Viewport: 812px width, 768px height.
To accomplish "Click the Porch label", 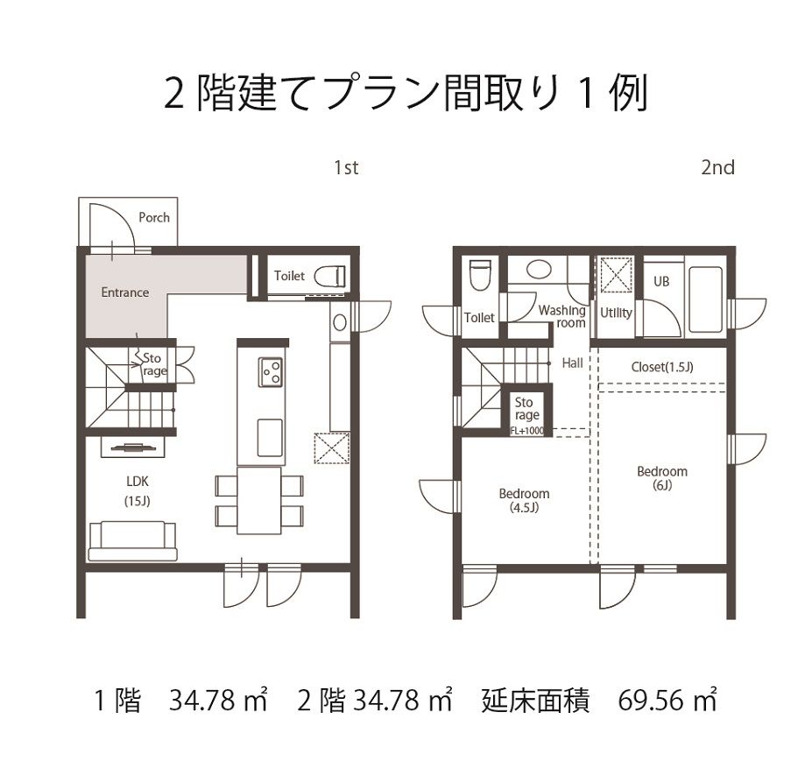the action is (x=154, y=218).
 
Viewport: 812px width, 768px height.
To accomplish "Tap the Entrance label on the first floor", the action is (x=124, y=292).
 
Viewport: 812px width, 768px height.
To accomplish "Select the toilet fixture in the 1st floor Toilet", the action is (x=330, y=276).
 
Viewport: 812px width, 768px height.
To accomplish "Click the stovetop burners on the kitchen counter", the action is (x=271, y=372).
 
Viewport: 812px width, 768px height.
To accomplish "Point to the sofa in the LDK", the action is (x=132, y=541).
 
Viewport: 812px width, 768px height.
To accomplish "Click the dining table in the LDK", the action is (x=259, y=500).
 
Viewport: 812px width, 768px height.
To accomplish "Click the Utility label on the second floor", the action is (x=616, y=313).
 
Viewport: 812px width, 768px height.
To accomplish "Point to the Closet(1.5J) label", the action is (x=662, y=367).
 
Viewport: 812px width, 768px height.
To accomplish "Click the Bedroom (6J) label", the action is (x=662, y=478).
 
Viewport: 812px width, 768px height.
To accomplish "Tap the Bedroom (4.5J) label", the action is (x=524, y=500).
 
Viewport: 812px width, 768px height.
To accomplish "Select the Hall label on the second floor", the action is (x=572, y=363).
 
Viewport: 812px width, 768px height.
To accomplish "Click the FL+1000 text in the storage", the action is (x=527, y=431).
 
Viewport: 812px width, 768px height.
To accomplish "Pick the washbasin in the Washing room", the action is (x=539, y=270).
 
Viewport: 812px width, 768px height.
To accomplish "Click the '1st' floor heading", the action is (x=346, y=168).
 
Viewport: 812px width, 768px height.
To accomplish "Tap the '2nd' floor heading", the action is (x=717, y=168).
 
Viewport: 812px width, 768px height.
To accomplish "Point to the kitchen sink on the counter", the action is (x=270, y=438).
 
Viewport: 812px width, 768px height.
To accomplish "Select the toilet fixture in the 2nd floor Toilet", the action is (x=479, y=275).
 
